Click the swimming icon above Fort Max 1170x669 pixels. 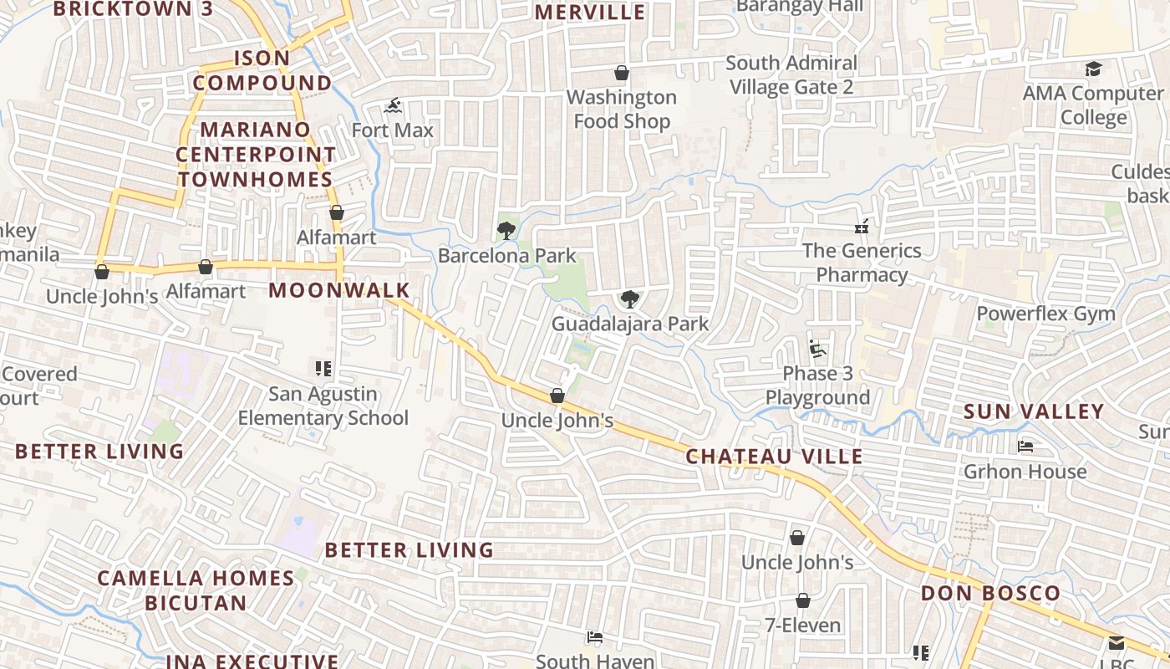pos(394,105)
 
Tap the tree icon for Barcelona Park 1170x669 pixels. pos(506,231)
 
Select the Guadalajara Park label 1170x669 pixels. pos(630,324)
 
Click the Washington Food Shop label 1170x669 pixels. pos(621,110)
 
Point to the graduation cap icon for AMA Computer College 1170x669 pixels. pos(1093,69)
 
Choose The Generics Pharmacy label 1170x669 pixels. pos(862,263)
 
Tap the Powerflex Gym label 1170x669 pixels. pos(1046,314)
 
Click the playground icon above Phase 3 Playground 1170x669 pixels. pos(817,348)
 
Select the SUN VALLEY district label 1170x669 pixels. pos(1034,411)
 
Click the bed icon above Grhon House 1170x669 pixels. pos(1025,447)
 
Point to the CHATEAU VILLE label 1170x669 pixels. pos(774,457)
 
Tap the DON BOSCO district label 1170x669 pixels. pos(990,593)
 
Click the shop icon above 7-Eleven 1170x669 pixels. pos(802,600)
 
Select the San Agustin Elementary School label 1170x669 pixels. pos(323,406)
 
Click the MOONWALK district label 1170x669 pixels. pos(339,290)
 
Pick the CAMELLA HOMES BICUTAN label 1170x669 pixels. pos(196,590)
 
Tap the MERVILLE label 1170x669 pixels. pos(590,12)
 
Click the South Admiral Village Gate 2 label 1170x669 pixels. pos(791,75)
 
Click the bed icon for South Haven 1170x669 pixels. pos(594,637)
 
